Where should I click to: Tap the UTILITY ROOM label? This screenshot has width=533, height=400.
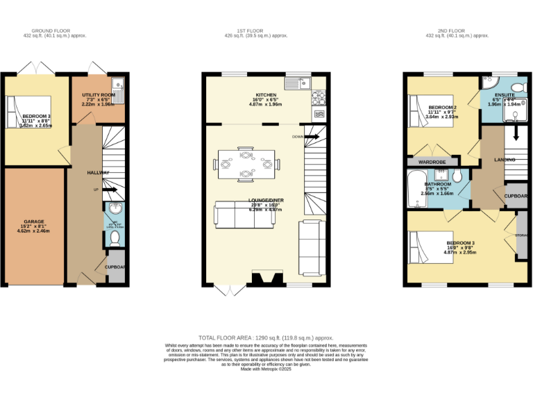98,94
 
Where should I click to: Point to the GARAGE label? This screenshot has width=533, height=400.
34,222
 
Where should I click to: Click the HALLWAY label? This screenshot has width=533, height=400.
97,172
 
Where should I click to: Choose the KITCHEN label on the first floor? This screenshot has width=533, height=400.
266,95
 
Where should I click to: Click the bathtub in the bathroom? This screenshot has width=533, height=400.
416,190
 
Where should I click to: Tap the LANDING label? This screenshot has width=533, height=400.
505,160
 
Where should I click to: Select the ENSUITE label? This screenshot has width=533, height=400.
504,94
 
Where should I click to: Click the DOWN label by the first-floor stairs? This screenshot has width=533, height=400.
297,136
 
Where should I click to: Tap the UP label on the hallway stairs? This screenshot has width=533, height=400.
96,189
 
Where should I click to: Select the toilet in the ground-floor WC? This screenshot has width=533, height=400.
115,238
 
